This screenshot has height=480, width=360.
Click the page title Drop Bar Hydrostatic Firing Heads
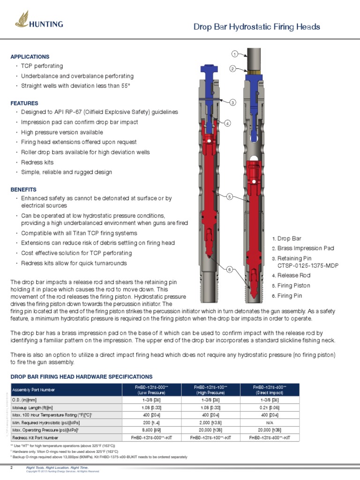pyautogui.click(x=257, y=27)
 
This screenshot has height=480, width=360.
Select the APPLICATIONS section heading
pyautogui.click(x=30, y=57)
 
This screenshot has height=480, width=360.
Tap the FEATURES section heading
pyautogui.click(x=24, y=103)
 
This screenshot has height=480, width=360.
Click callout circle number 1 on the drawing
pyautogui.click(x=235, y=53)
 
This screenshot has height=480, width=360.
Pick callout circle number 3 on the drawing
pyautogui.click(x=232, y=102)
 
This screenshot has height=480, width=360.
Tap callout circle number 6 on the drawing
pyautogui.click(x=229, y=269)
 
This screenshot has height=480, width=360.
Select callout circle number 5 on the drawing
pyautogui.click(x=229, y=197)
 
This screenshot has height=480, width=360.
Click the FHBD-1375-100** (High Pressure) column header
pyautogui.click(x=210, y=390)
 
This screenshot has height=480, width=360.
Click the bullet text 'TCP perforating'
pyautogui.click(x=42, y=66)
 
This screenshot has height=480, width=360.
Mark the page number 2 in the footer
pyautogui.click(x=12, y=468)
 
